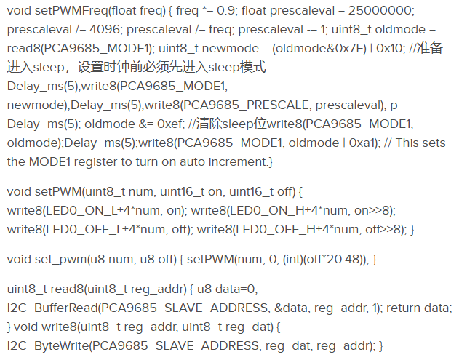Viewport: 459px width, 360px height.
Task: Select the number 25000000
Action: pyautogui.click(x=380, y=11)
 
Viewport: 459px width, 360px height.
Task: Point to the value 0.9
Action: pyautogui.click(x=225, y=11)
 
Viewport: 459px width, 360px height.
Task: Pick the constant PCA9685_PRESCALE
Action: pyautogui.click(x=246, y=105)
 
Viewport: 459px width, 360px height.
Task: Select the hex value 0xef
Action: pyautogui.click(x=169, y=124)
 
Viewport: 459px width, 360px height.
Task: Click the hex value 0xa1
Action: pyautogui.click(x=362, y=143)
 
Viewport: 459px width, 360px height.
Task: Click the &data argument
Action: pyautogui.click(x=292, y=308)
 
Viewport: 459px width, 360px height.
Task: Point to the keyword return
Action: pyautogui.click(x=404, y=308)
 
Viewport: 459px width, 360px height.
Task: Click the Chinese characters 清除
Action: pyautogui.click(x=209, y=124)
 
